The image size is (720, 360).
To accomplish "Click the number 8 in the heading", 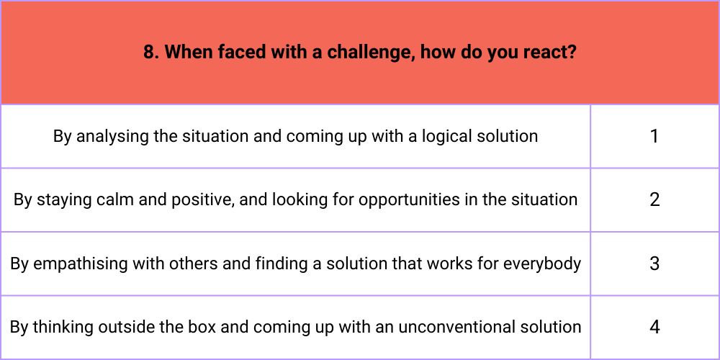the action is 150,53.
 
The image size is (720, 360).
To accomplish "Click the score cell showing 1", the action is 654,136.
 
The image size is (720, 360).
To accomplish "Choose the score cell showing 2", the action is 654,199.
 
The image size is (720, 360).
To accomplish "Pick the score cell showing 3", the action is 654,264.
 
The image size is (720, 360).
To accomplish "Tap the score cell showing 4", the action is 654,328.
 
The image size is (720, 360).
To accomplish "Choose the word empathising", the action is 81,264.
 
